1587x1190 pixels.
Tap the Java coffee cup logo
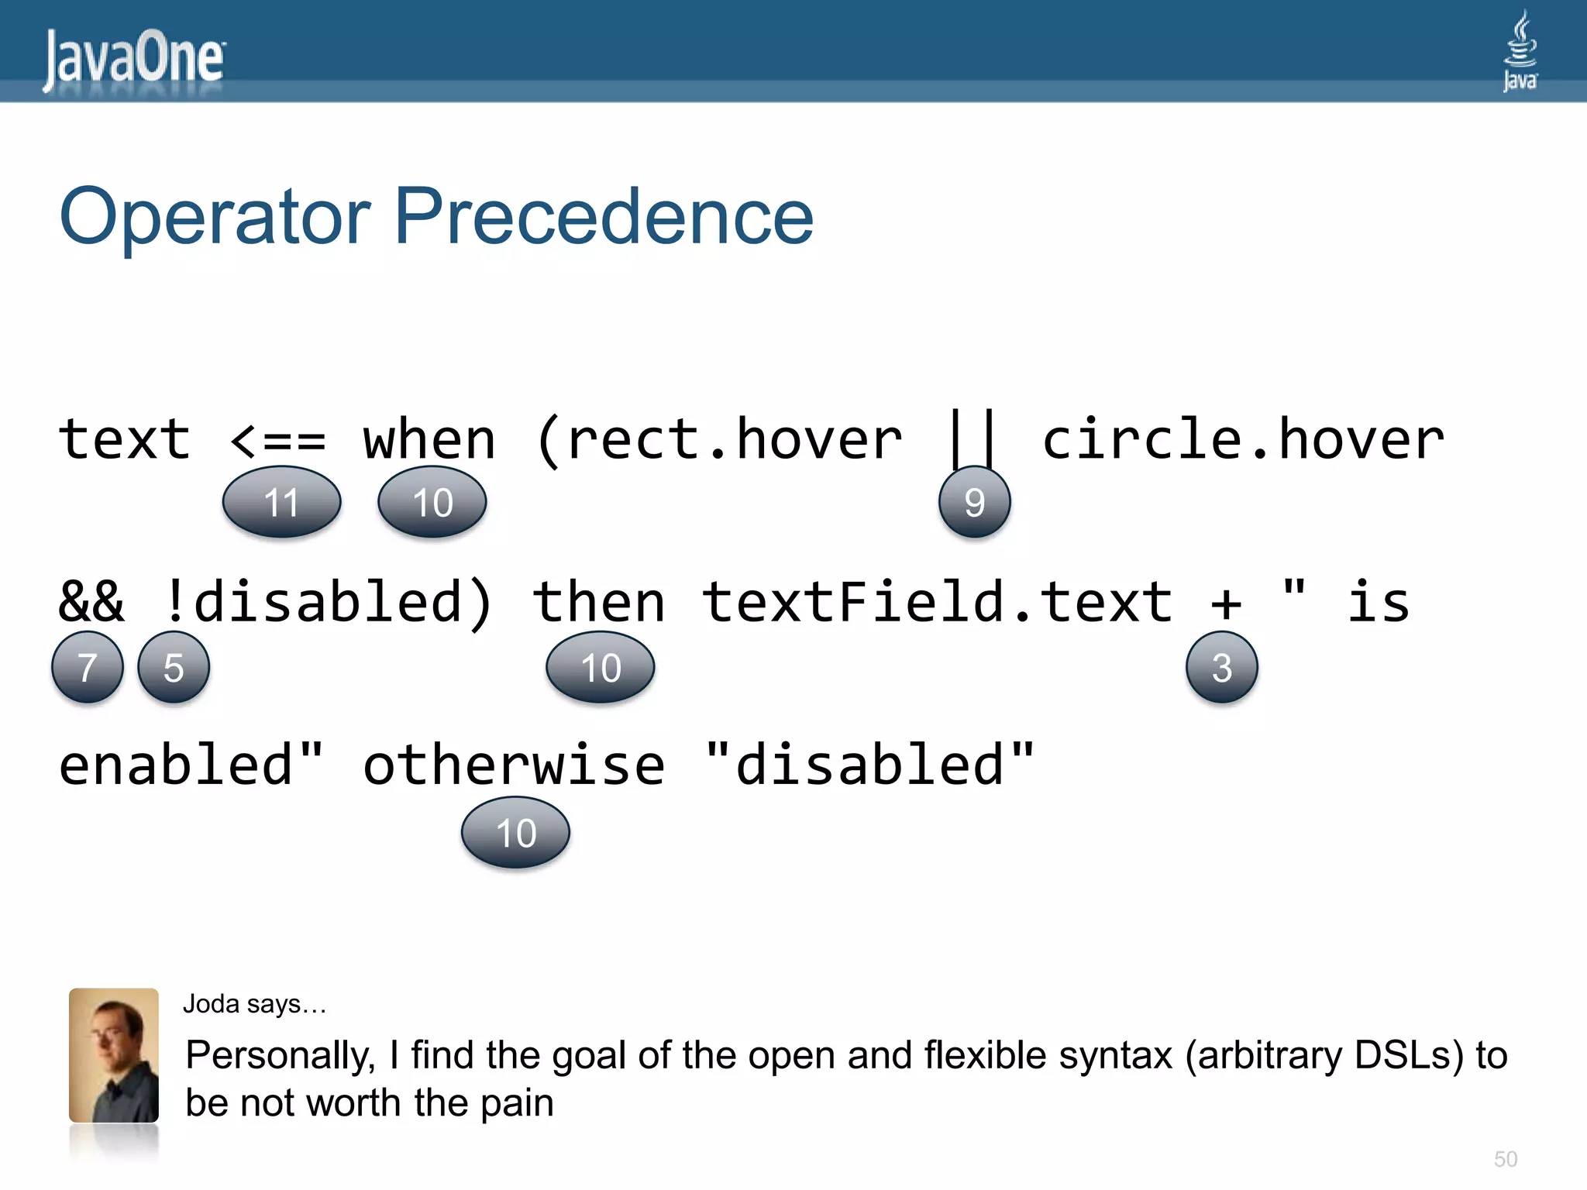pyautogui.click(x=1520, y=51)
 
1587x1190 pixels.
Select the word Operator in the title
pyautogui.click(x=215, y=218)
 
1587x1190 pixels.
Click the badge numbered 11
pyautogui.click(x=281, y=502)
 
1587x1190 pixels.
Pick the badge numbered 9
pyautogui.click(x=974, y=502)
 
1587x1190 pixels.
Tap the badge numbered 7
pyautogui.click(x=88, y=667)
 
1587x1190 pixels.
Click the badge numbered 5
pyautogui.click(x=174, y=667)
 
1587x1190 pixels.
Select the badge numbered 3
pyautogui.click(x=1221, y=667)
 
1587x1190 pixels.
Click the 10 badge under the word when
pyautogui.click(x=432, y=502)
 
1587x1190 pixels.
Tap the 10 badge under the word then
pyautogui.click(x=601, y=667)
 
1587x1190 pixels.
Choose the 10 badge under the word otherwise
pyautogui.click(x=515, y=833)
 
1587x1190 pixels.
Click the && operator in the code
pyautogui.click(x=91, y=602)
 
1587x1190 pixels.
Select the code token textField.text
pyautogui.click(x=938, y=602)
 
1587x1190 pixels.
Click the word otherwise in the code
pyautogui.click(x=514, y=765)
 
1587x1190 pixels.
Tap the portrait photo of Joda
pyautogui.click(x=114, y=1055)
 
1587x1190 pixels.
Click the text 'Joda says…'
pyautogui.click(x=254, y=1004)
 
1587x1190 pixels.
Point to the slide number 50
pyautogui.click(x=1505, y=1159)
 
